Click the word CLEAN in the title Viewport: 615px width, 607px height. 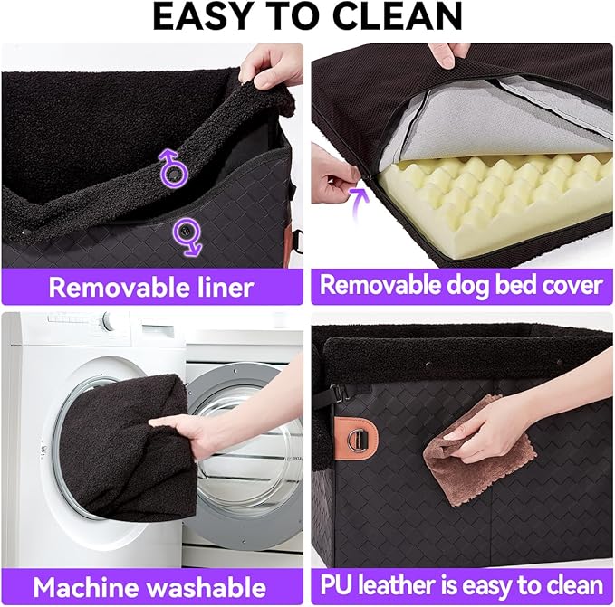(399, 17)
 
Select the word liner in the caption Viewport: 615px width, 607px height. (222, 288)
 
